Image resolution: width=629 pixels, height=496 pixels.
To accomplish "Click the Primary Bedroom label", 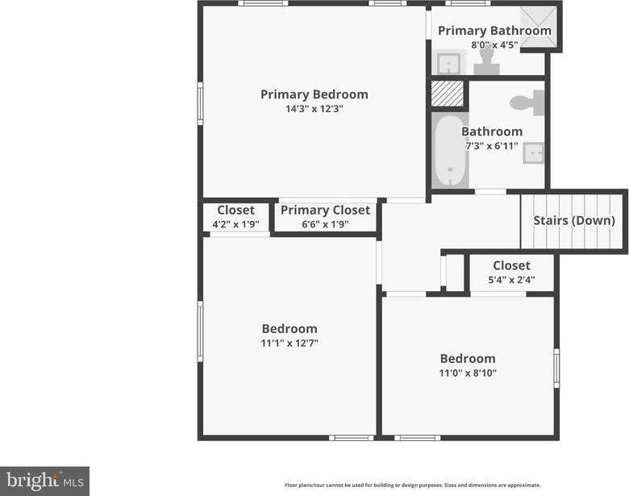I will pyautogui.click(x=314, y=94).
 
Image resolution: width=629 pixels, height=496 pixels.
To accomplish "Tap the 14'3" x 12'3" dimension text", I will pyautogui.click(x=314, y=109).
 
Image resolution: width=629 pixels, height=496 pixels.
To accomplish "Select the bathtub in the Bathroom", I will pyautogui.click(x=451, y=150).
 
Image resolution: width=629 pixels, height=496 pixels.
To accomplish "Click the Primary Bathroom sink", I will pyautogui.click(x=448, y=62).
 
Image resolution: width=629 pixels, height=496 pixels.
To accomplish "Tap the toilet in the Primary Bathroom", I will pyautogui.click(x=486, y=63).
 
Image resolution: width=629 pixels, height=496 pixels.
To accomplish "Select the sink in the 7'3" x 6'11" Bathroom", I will pyautogui.click(x=533, y=152).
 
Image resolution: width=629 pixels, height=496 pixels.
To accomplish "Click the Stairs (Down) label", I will pyautogui.click(x=574, y=220).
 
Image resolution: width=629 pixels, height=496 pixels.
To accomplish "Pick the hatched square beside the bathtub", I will pyautogui.click(x=448, y=94).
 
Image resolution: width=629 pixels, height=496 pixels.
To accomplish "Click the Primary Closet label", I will pyautogui.click(x=325, y=210).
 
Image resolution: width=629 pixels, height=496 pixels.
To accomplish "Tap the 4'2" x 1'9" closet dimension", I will pyautogui.click(x=235, y=224).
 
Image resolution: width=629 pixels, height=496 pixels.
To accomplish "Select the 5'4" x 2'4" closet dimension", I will pyautogui.click(x=511, y=280).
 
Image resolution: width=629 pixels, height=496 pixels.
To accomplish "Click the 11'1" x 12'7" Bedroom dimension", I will pyautogui.click(x=290, y=343).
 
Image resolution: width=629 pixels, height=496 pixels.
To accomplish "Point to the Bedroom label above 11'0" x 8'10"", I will pyautogui.click(x=467, y=359).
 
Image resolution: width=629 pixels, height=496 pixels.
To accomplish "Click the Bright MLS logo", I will pyautogui.click(x=44, y=481).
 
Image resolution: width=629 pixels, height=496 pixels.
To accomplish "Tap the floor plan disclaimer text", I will pyautogui.click(x=412, y=486).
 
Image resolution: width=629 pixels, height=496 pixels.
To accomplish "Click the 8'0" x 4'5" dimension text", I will pyautogui.click(x=494, y=45).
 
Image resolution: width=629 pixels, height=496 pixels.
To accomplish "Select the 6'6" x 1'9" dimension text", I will pyautogui.click(x=325, y=224).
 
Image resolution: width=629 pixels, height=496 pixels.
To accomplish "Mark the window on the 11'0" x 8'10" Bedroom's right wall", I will pyautogui.click(x=556, y=368).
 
